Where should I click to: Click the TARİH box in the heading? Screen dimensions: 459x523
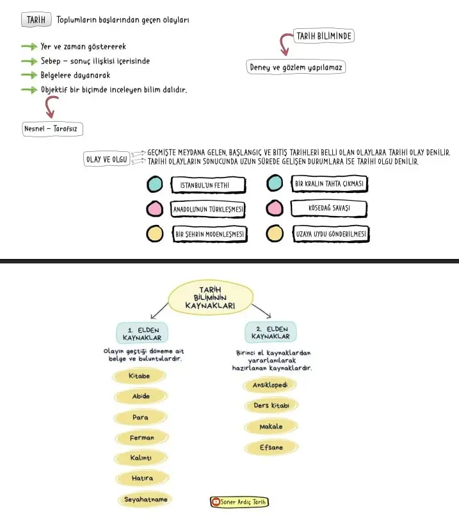(36, 20)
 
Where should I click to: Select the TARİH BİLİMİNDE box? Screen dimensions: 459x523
(324, 36)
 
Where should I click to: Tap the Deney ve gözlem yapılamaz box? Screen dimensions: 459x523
(296, 67)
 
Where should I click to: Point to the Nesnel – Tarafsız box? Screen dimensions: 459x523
(52, 129)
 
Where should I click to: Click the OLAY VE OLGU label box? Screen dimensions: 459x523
(107, 159)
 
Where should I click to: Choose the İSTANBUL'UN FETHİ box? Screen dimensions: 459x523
(209, 185)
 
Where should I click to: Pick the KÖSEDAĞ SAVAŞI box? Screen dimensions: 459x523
(329, 208)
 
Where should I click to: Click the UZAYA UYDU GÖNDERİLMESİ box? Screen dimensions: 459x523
(331, 234)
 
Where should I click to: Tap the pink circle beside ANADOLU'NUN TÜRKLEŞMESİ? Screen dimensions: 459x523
(155, 209)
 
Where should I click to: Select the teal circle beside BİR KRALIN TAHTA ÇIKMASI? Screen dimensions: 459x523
(275, 183)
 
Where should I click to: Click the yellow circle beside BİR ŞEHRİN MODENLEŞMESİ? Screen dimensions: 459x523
(155, 233)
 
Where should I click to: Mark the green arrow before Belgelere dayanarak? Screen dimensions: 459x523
(29, 76)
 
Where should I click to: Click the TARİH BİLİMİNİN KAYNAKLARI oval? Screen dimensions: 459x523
(211, 297)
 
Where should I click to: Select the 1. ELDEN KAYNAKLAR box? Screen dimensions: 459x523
(142, 333)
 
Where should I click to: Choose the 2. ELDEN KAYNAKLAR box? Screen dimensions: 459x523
(270, 332)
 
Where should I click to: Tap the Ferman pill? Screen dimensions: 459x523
(142, 438)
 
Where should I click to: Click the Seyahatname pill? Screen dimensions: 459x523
(145, 500)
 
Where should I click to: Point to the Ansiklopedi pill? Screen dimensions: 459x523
(270, 385)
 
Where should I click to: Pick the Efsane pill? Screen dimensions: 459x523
(271, 447)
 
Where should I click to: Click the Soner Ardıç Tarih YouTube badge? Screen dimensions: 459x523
(239, 502)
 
